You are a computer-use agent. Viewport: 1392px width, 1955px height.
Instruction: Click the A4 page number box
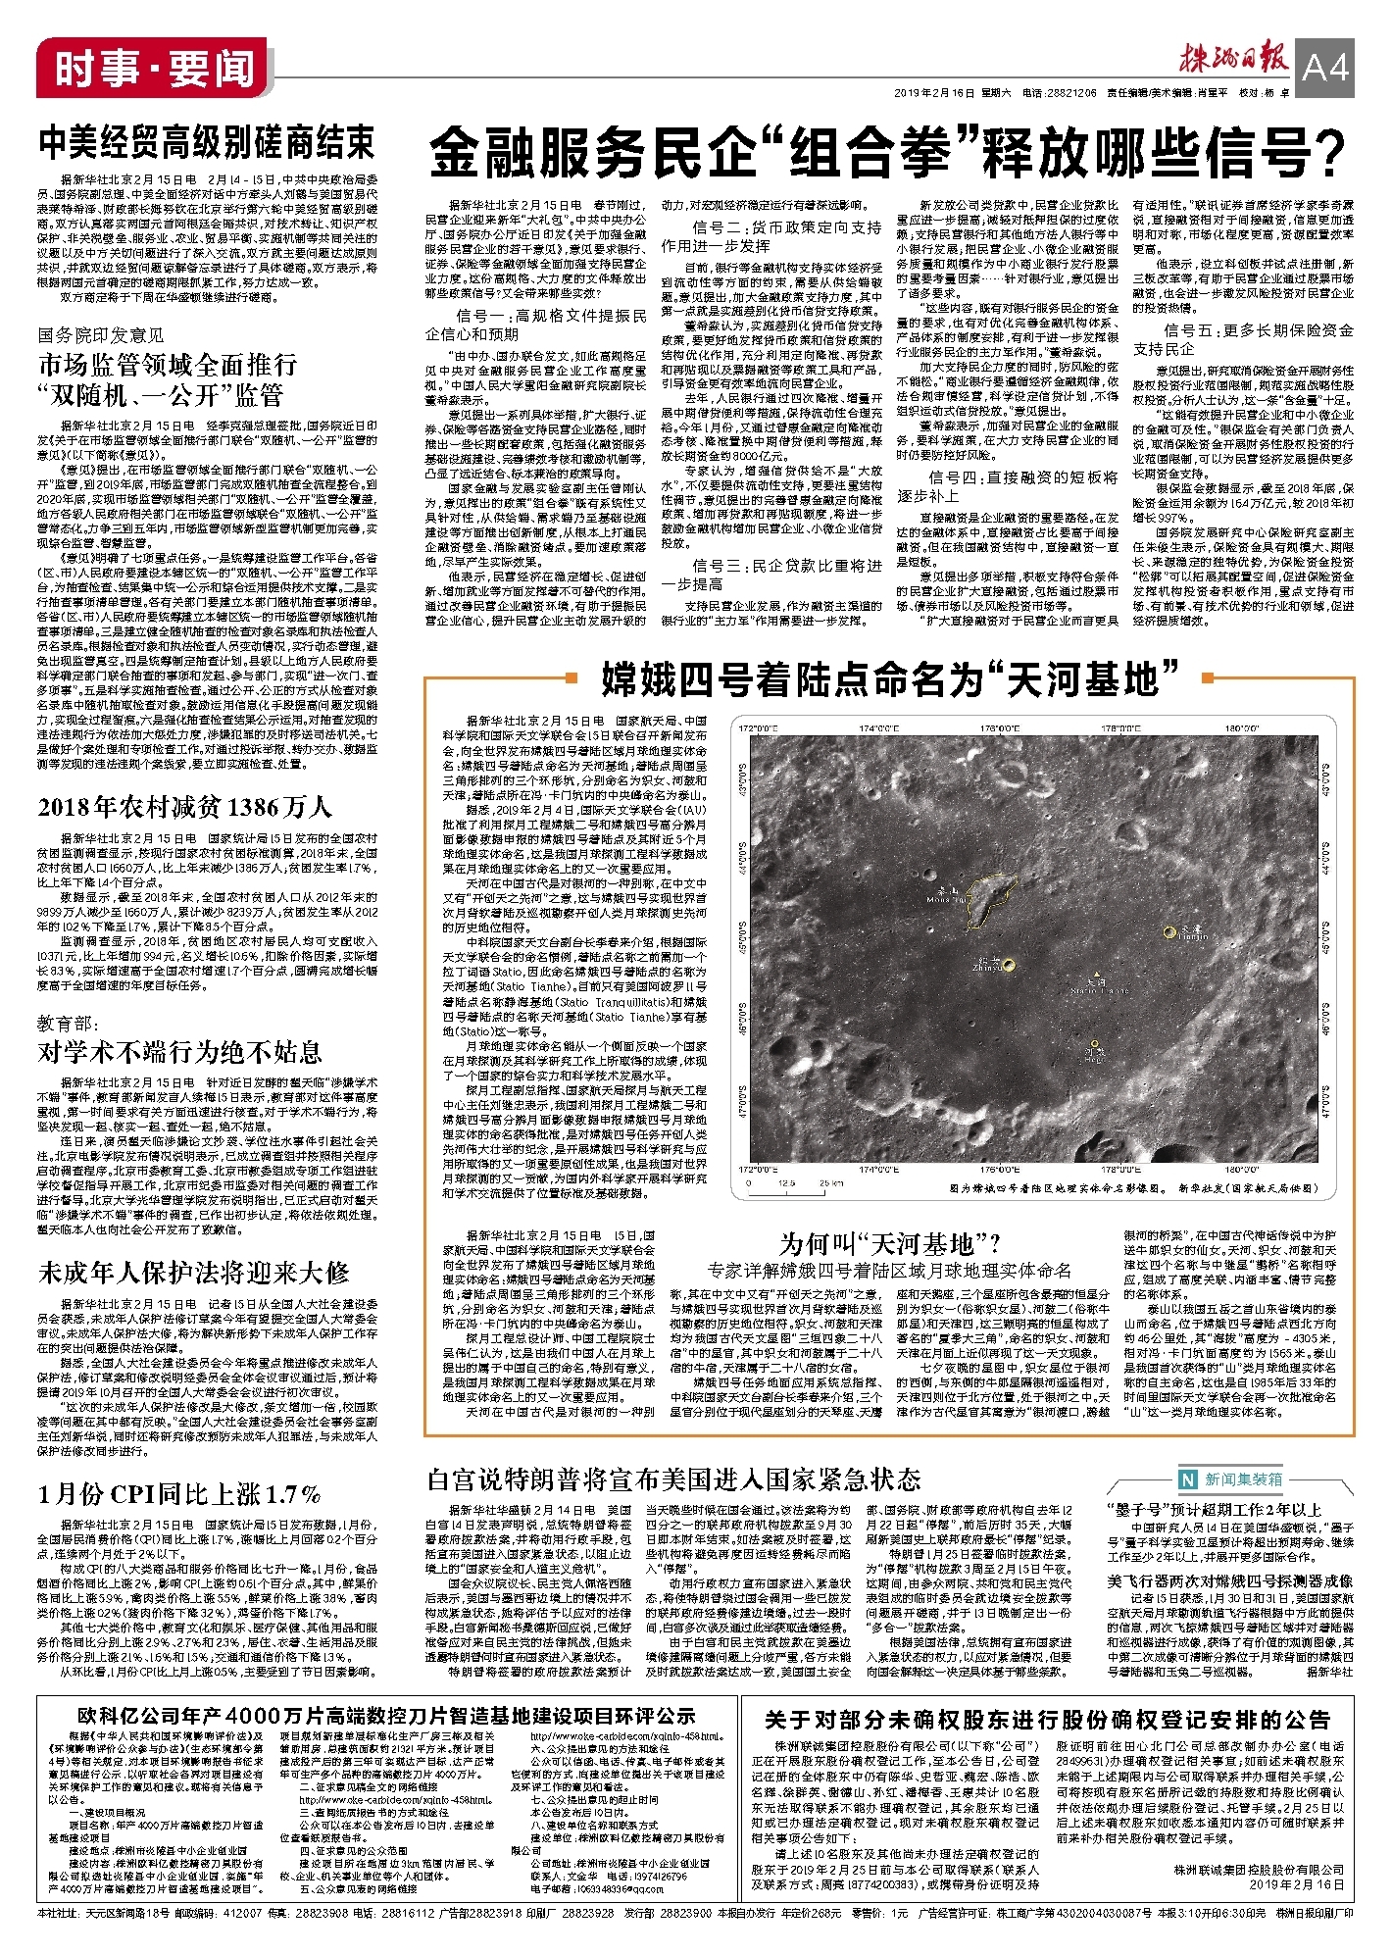[1325, 67]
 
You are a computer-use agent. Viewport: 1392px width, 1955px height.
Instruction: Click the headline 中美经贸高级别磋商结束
[207, 143]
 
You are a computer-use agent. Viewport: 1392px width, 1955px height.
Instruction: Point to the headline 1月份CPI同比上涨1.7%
[179, 1493]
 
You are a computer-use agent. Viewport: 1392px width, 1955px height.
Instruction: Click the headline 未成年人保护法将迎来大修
[194, 1274]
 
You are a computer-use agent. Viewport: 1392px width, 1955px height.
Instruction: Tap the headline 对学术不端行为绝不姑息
[180, 1053]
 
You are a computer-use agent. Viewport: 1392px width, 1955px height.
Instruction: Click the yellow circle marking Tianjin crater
[1168, 931]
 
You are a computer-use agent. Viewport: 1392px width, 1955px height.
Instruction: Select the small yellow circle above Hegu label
[1095, 1044]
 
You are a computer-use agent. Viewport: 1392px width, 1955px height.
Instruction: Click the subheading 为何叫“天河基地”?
[889, 1245]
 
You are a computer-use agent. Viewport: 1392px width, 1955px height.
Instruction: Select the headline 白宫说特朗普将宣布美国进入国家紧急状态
[674, 1479]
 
